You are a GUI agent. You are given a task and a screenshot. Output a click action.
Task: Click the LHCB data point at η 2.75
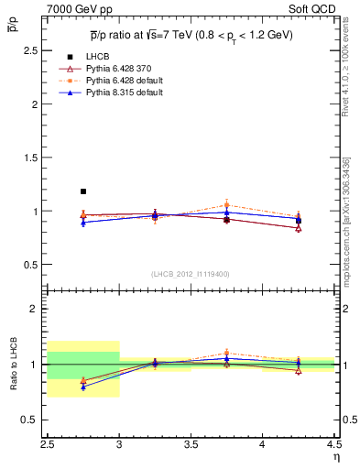[83, 191]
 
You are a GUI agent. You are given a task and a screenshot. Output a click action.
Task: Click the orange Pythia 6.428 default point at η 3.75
[226, 205]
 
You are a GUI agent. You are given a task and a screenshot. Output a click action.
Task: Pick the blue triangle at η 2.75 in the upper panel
[83, 223]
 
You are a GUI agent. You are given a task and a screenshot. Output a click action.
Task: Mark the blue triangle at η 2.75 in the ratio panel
[83, 387]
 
